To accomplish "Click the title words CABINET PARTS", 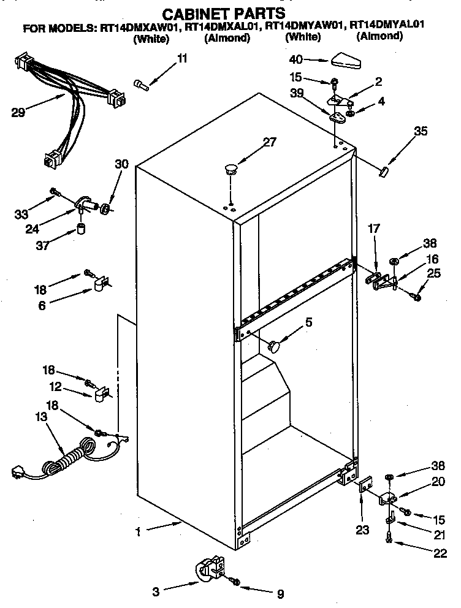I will tap(223, 13).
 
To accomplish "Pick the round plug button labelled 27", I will tap(230, 169).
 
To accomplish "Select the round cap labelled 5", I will tap(275, 346).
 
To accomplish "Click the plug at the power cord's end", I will tap(19, 473).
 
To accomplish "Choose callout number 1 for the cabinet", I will tap(139, 532).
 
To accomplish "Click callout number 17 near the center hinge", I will tap(374, 228).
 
